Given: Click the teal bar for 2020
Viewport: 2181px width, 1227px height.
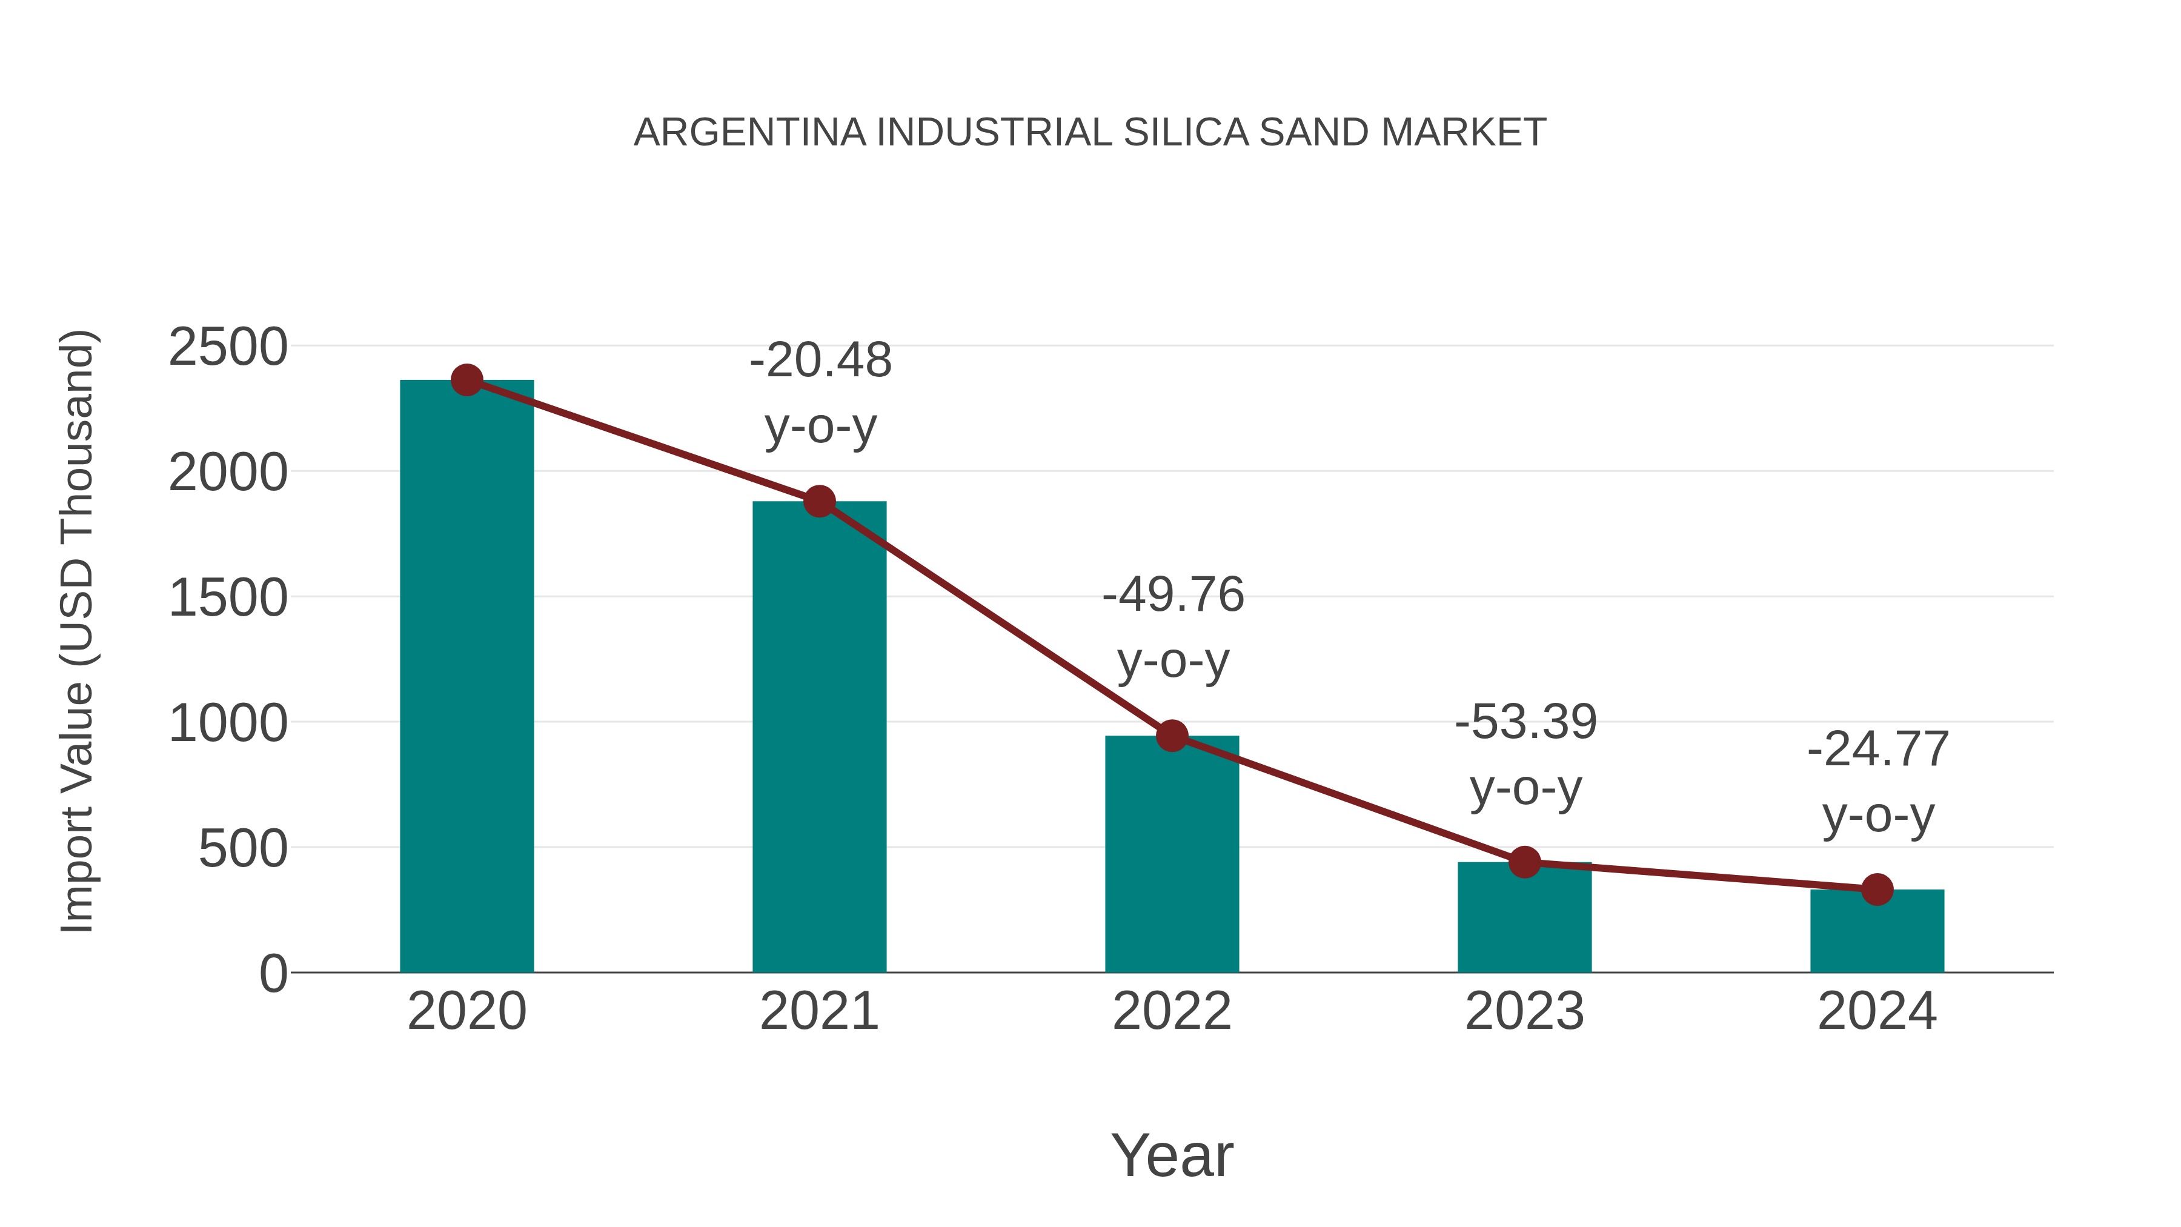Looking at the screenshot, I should [466, 677].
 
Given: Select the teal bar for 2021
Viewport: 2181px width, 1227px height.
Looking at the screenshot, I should [818, 737].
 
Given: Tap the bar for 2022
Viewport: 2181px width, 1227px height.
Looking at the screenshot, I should [1172, 855].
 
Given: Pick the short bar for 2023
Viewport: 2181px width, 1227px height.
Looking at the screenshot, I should [1524, 919].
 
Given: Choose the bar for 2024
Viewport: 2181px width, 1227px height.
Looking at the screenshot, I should [1877, 931].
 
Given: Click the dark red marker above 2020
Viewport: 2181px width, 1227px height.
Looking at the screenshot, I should [466, 380].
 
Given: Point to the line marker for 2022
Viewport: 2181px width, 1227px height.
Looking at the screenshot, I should [1172, 736].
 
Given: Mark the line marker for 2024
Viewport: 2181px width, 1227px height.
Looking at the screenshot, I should [1877, 890].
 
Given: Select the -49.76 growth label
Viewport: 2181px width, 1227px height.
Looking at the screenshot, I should [1173, 594].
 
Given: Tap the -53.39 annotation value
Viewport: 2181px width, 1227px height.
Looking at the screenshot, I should [1525, 722].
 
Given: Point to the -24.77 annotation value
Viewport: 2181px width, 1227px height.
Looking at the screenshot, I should [1878, 750].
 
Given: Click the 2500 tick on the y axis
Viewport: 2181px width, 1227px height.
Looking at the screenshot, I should [228, 347].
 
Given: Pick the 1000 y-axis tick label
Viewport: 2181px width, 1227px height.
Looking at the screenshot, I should [228, 724].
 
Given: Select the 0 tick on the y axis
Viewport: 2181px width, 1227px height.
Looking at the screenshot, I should [273, 974].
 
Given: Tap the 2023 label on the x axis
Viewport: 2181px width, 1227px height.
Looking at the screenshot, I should [1524, 1011].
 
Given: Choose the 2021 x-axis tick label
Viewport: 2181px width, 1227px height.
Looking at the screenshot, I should [818, 1011].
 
